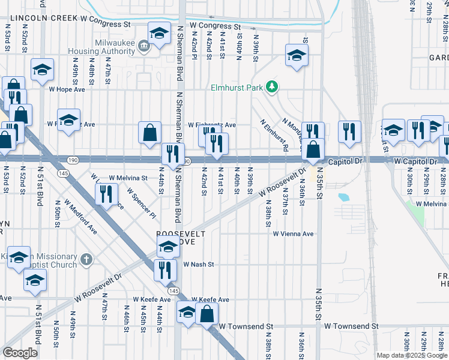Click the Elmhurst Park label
(x=237, y=88)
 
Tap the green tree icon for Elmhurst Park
(x=272, y=88)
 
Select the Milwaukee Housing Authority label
(x=115, y=47)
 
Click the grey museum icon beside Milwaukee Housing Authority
(x=144, y=46)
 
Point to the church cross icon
(x=86, y=260)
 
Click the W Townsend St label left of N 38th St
(x=246, y=326)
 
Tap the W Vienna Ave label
(x=294, y=234)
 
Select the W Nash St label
(x=199, y=264)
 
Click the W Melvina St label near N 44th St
(x=128, y=178)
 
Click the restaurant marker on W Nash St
(x=165, y=270)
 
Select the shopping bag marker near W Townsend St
(x=206, y=313)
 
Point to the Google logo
(x=20, y=353)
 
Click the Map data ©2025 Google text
(x=411, y=355)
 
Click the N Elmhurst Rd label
(x=276, y=135)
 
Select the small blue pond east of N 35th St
(x=343, y=197)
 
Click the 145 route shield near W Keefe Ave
(x=174, y=290)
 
